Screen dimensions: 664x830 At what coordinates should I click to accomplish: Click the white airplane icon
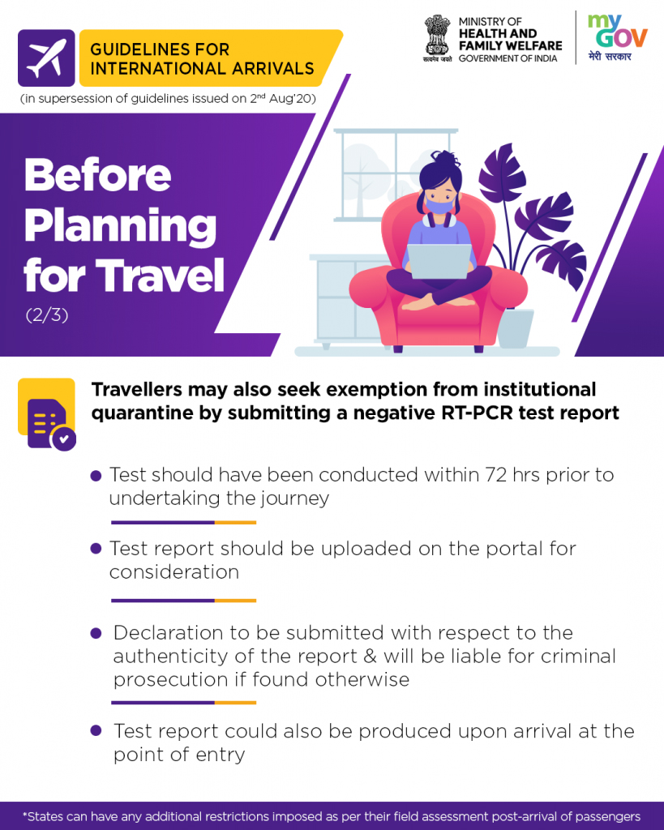[46, 58]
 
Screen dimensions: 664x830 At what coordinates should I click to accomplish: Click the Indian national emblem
[437, 38]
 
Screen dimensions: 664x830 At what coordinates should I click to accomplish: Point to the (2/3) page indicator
[47, 315]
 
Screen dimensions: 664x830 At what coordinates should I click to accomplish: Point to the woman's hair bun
[445, 158]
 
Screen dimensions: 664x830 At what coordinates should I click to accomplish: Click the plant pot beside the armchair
[516, 328]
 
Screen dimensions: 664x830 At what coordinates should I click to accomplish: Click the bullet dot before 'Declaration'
[96, 633]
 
